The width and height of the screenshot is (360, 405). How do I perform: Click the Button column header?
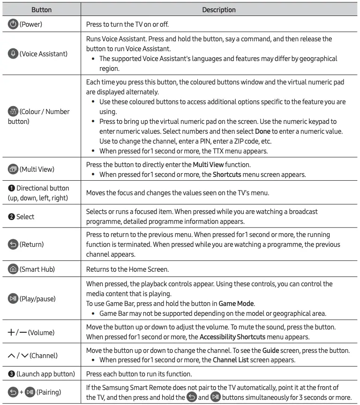(41, 9)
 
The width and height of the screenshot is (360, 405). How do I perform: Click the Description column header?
(219, 9)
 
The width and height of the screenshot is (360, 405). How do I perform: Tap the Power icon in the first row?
(13, 24)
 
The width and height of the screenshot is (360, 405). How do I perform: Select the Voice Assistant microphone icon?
(13, 54)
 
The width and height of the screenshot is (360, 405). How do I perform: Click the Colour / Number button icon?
(13, 112)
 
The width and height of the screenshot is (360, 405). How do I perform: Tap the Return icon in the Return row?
(13, 244)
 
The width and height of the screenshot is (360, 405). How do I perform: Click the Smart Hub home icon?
(13, 270)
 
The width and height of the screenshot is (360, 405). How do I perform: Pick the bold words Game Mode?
(233, 304)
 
